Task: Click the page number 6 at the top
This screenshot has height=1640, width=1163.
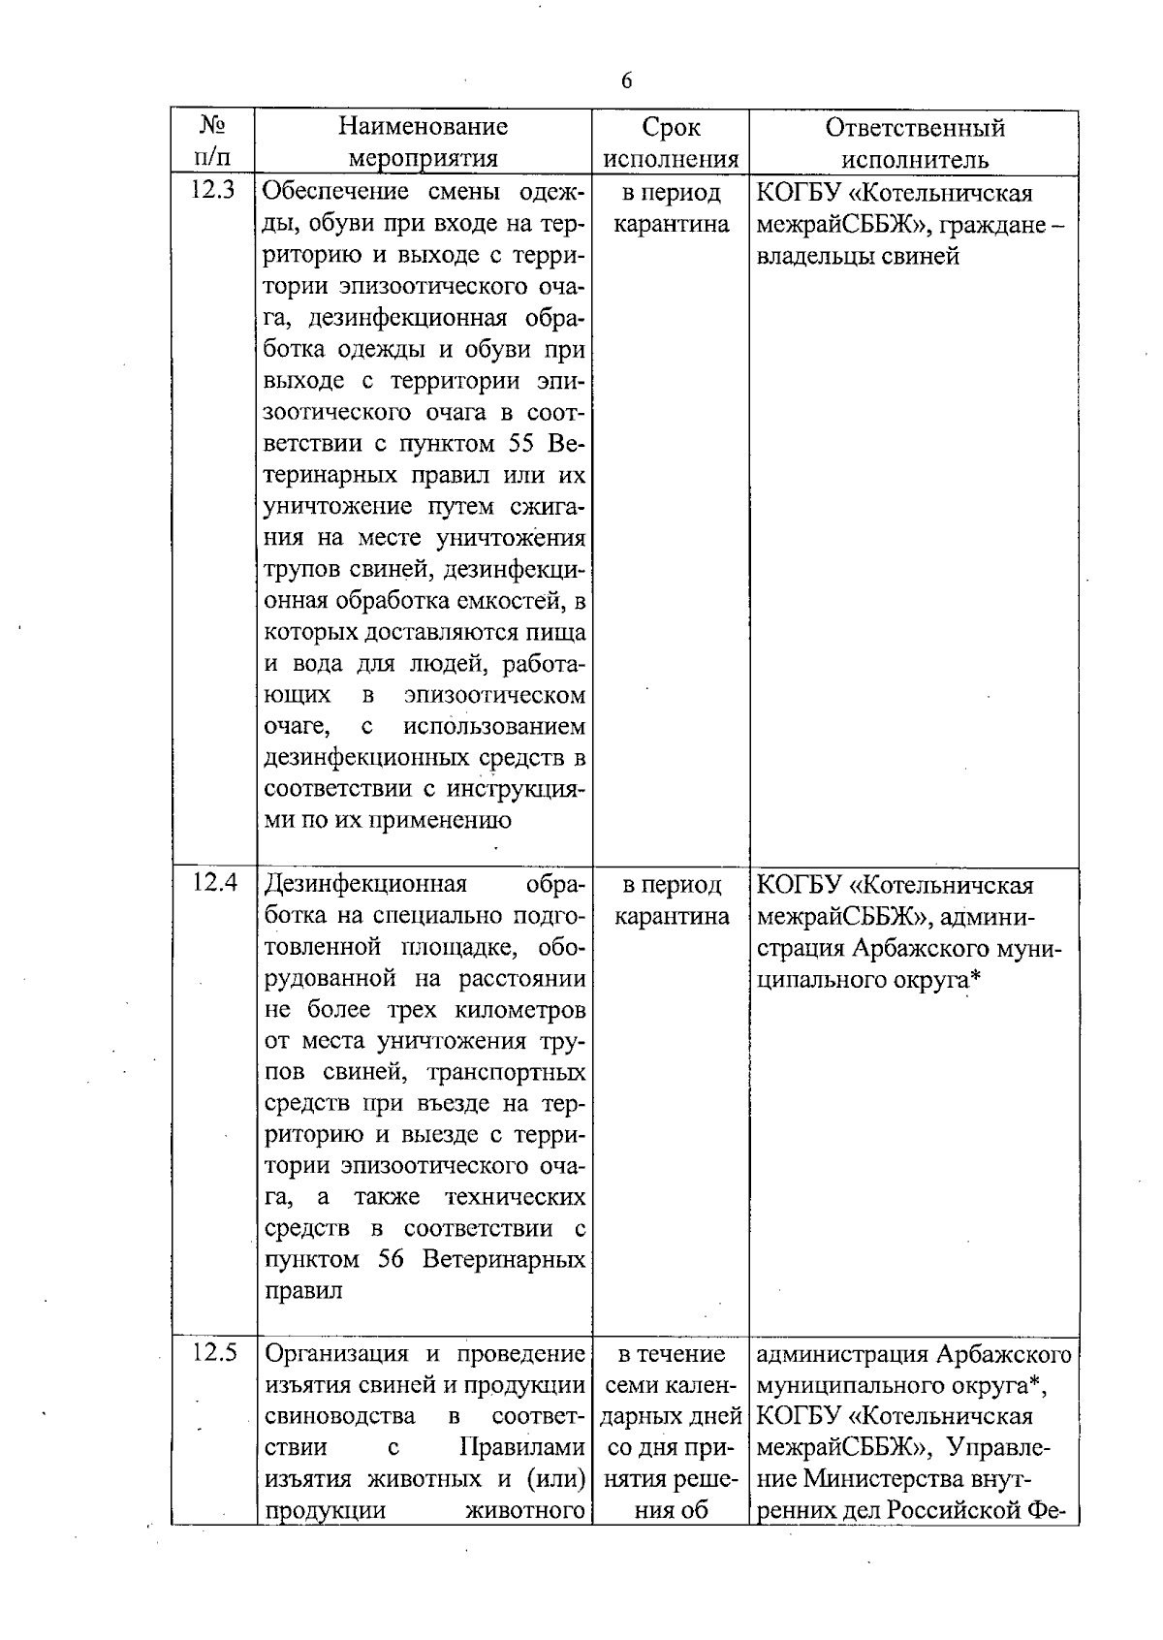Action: pyautogui.click(x=626, y=81)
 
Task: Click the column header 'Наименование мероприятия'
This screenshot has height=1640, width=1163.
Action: pyautogui.click(x=424, y=142)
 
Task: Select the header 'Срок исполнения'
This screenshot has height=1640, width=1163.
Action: pyautogui.click(x=671, y=142)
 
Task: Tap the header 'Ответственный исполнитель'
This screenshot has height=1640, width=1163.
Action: pyautogui.click(x=915, y=142)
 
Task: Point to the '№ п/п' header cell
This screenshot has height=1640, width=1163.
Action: pyautogui.click(x=212, y=141)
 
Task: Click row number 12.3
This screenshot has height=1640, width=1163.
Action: pyautogui.click(x=212, y=191)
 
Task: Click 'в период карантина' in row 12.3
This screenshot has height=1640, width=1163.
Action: pyautogui.click(x=671, y=208)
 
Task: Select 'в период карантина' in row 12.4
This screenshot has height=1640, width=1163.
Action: pyautogui.click(x=671, y=900)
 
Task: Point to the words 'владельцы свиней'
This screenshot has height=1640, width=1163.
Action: pyautogui.click(x=858, y=257)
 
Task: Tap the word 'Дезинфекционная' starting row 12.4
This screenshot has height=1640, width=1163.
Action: pyautogui.click(x=365, y=884)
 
